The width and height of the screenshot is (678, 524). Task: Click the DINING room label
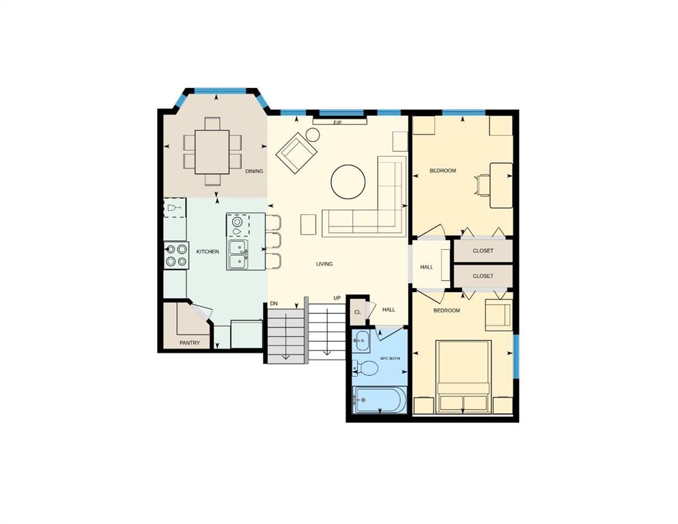pyautogui.click(x=254, y=171)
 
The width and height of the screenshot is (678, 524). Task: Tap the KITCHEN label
pyautogui.click(x=208, y=251)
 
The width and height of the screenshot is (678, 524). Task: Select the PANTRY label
pyautogui.click(x=190, y=343)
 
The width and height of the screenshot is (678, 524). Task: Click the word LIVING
pyautogui.click(x=324, y=264)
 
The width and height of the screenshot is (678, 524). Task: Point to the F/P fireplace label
pyautogui.click(x=338, y=123)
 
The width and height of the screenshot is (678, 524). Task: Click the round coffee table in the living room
pyautogui.click(x=348, y=182)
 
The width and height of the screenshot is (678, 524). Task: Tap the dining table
pyautogui.click(x=212, y=151)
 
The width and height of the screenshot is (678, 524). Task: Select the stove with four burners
pyautogui.click(x=176, y=255)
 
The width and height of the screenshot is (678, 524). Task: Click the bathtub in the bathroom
pyautogui.click(x=379, y=400)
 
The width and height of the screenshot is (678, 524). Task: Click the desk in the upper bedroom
pyautogui.click(x=501, y=185)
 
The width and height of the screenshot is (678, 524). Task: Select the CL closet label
pyautogui.click(x=358, y=312)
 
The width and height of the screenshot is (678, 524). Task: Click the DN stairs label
pyautogui.click(x=274, y=304)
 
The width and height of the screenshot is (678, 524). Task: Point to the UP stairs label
pyautogui.click(x=337, y=298)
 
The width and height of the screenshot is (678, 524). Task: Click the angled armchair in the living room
pyautogui.click(x=297, y=154)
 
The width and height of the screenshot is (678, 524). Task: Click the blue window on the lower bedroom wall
pyautogui.click(x=516, y=356)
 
